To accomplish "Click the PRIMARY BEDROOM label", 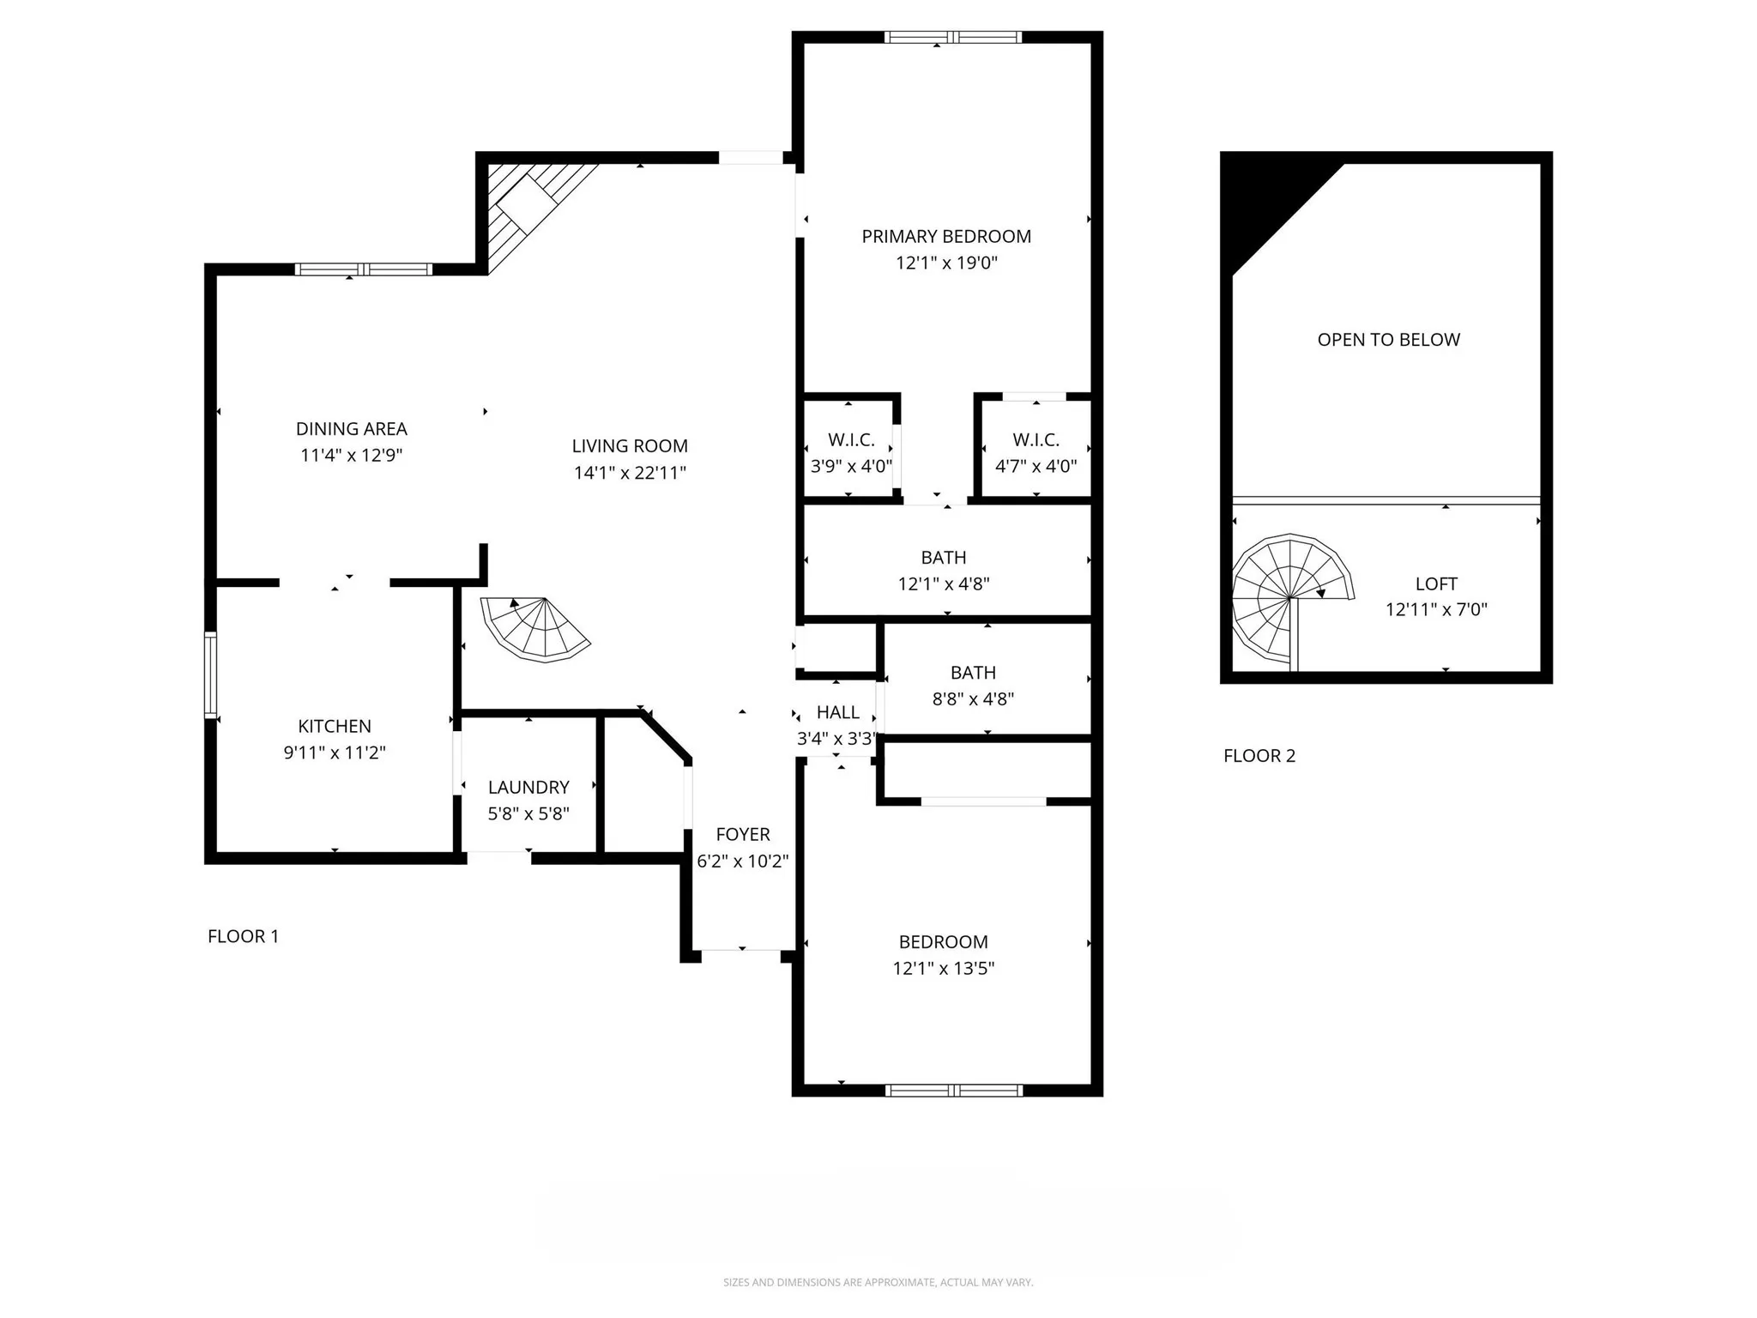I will [945, 236].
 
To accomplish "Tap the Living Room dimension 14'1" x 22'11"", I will [630, 473].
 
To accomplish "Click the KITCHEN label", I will [334, 726].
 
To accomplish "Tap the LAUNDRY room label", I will [528, 787].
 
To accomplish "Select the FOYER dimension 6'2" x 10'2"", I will [742, 861].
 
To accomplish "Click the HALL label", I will [837, 712].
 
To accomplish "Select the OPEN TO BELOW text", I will [1388, 340].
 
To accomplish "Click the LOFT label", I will [1436, 583].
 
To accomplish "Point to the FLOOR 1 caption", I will [243, 936].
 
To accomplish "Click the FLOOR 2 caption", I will [1259, 756].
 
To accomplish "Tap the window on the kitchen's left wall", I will [210, 674].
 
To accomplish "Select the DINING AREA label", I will [351, 429].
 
